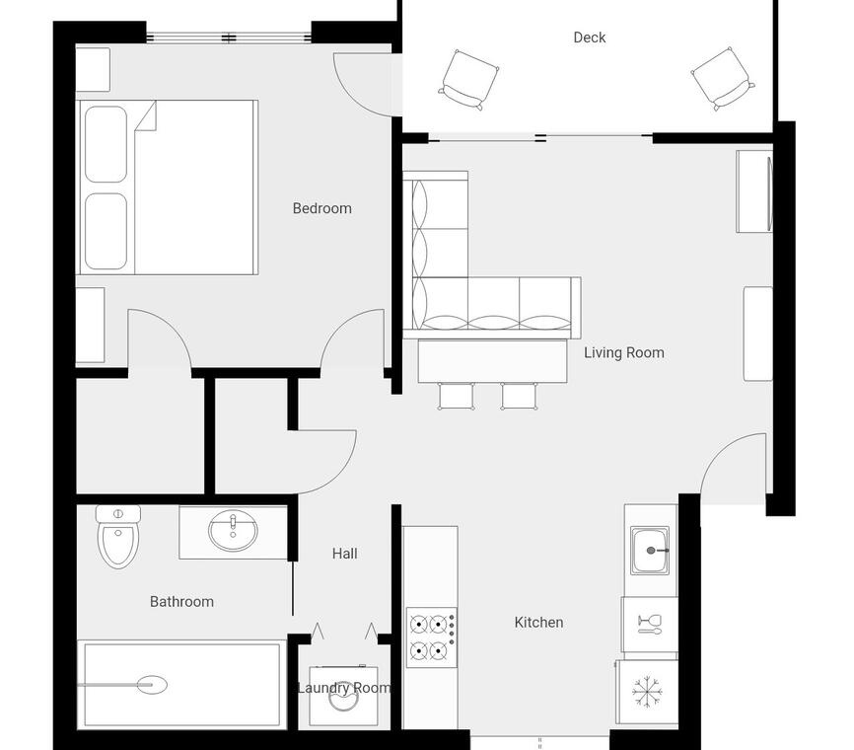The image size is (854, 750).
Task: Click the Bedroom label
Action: tap(321, 208)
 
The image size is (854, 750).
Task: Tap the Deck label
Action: tap(590, 37)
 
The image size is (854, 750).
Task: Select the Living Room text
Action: tap(624, 352)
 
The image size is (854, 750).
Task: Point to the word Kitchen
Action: tap(538, 622)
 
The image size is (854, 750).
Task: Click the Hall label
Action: tap(345, 554)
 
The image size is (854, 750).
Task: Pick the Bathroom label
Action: tap(181, 602)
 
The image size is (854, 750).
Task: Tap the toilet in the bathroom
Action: tap(118, 536)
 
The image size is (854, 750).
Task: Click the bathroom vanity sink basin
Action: tap(233, 530)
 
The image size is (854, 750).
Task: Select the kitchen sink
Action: tap(650, 551)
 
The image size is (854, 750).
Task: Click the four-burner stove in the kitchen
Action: tap(432, 637)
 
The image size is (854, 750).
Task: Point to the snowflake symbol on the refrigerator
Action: tap(647, 692)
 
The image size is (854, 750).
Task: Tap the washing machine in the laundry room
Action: tap(343, 696)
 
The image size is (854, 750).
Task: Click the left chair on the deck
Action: tap(469, 80)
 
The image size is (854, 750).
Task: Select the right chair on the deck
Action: tap(723, 79)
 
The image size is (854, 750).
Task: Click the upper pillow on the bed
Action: tap(107, 144)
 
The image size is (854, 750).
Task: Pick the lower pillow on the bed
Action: tap(107, 231)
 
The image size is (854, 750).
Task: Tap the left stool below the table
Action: tap(457, 397)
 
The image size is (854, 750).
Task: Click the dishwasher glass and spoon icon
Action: tap(649, 625)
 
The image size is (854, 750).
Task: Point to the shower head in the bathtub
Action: tap(152, 685)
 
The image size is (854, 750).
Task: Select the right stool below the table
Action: tap(519, 397)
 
